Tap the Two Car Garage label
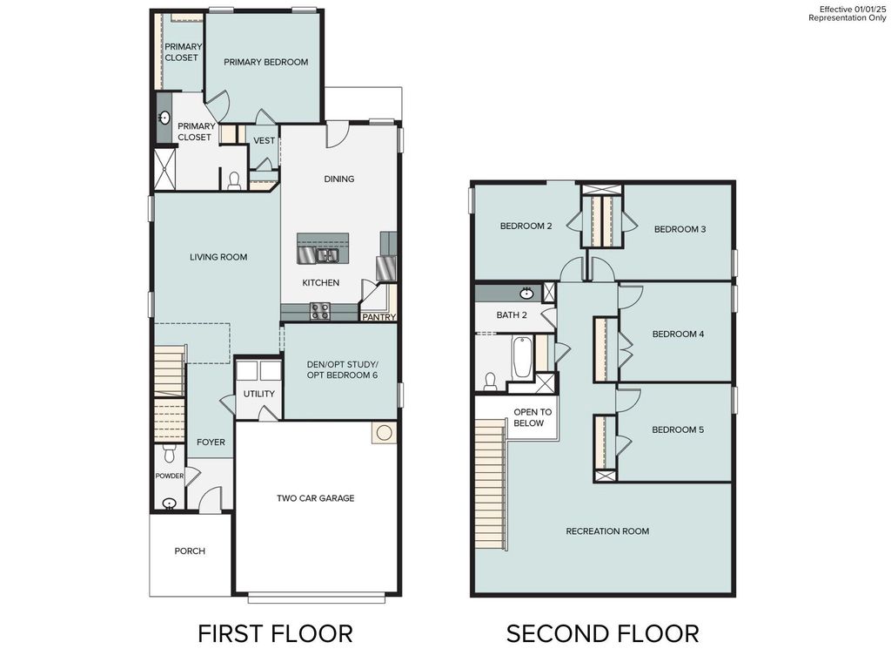(x=315, y=498)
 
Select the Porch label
(x=190, y=551)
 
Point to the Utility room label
(x=258, y=394)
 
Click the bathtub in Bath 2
(x=522, y=358)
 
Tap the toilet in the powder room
(x=170, y=453)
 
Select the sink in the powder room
(x=169, y=503)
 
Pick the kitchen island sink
(x=327, y=255)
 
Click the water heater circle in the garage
(x=384, y=432)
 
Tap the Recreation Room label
(x=607, y=531)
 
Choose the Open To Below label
(x=528, y=417)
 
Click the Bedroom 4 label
(x=678, y=334)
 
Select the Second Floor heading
(x=602, y=633)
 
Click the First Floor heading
(x=275, y=633)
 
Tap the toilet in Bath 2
(x=490, y=382)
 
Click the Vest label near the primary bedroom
(x=264, y=140)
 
